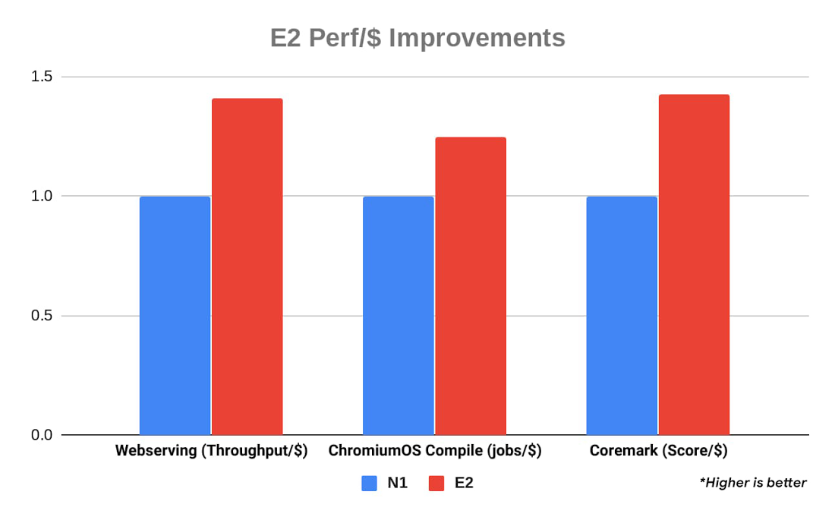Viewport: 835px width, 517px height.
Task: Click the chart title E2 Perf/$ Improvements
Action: point(417,38)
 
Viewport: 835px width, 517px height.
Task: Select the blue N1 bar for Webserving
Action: point(175,315)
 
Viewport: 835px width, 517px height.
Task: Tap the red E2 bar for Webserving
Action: point(247,266)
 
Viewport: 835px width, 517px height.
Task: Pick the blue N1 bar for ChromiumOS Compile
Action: point(398,315)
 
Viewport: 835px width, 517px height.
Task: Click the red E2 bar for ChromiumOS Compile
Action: point(471,285)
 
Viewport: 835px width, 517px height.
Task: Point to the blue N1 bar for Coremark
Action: point(622,315)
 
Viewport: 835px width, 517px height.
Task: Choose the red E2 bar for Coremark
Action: point(694,264)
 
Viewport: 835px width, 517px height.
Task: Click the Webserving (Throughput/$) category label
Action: point(211,451)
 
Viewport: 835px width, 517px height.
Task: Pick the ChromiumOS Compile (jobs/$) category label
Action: point(435,451)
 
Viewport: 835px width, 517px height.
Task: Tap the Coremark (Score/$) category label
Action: point(659,451)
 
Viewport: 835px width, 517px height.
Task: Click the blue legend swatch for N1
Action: point(370,483)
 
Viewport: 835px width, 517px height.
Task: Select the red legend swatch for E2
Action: point(436,483)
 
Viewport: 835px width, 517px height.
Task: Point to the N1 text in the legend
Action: point(398,483)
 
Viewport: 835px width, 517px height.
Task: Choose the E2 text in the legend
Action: point(464,483)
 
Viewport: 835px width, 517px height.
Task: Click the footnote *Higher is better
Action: point(753,482)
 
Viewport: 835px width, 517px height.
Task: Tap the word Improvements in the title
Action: point(477,38)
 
